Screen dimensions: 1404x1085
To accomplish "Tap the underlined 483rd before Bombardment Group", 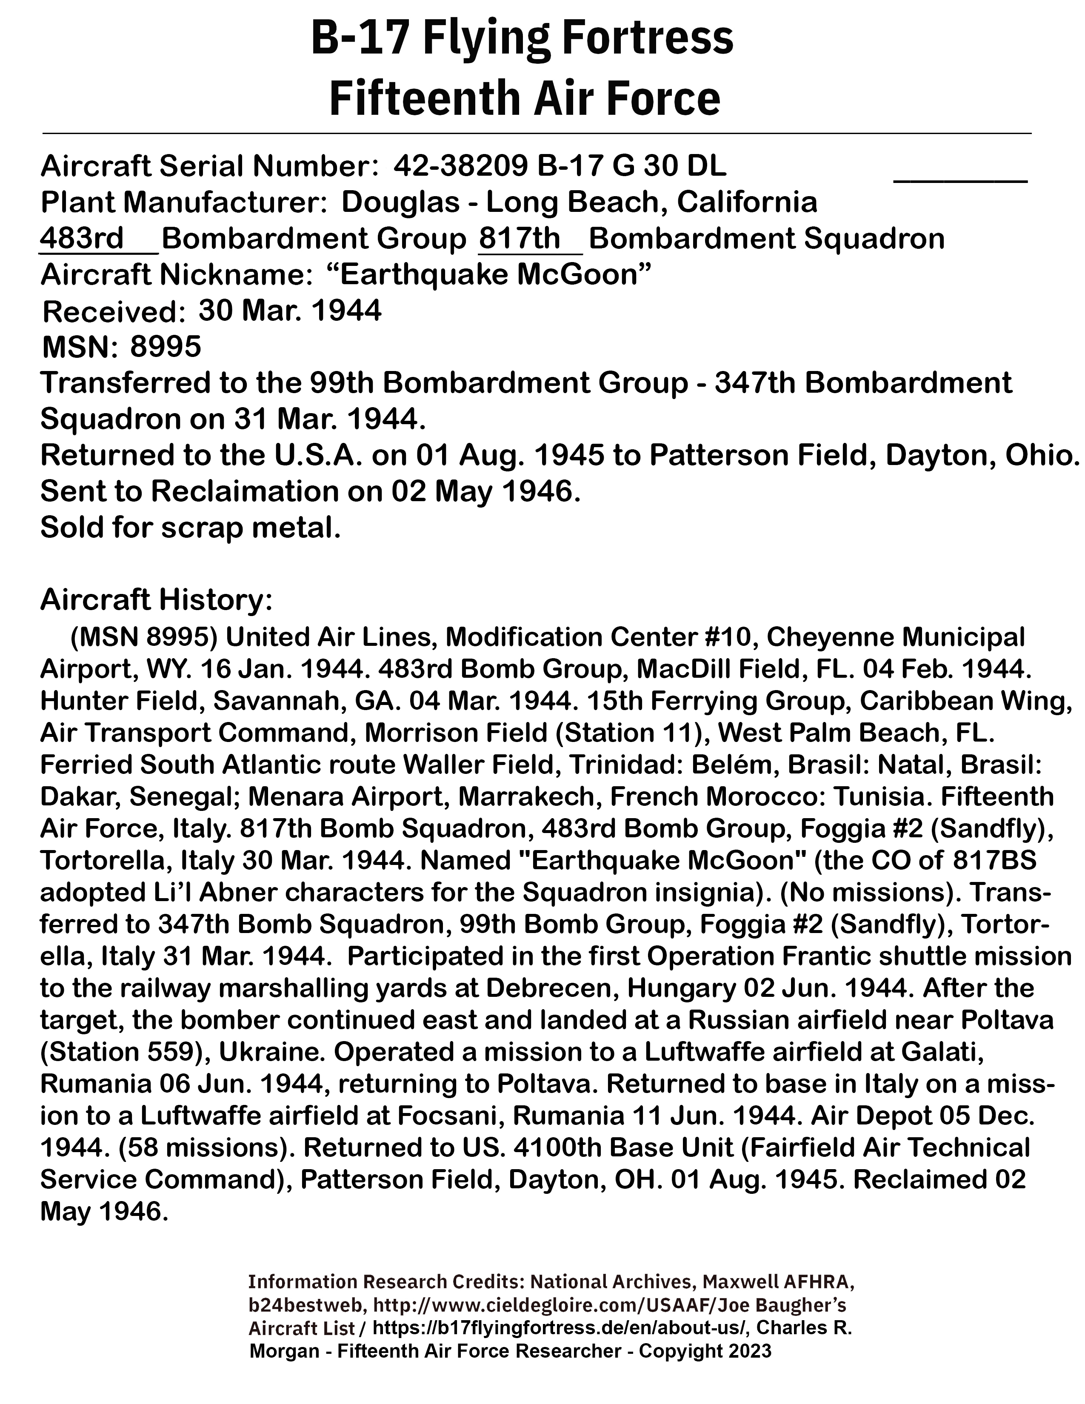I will (82, 239).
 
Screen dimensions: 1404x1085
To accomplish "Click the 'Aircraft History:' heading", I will (157, 600).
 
